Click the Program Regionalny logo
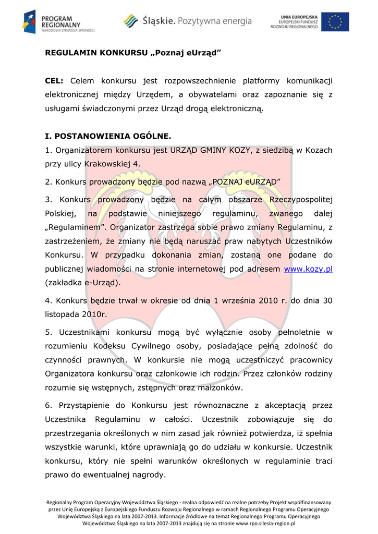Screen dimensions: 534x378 [x=58, y=22]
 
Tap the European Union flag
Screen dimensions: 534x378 [x=335, y=21]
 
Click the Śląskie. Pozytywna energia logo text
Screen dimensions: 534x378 [x=197, y=21]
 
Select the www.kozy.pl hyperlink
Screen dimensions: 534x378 [x=308, y=269]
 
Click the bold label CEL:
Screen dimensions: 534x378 [x=54, y=81]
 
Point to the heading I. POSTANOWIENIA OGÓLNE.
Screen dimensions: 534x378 [x=108, y=137]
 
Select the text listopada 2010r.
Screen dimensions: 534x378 [x=76, y=314]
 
